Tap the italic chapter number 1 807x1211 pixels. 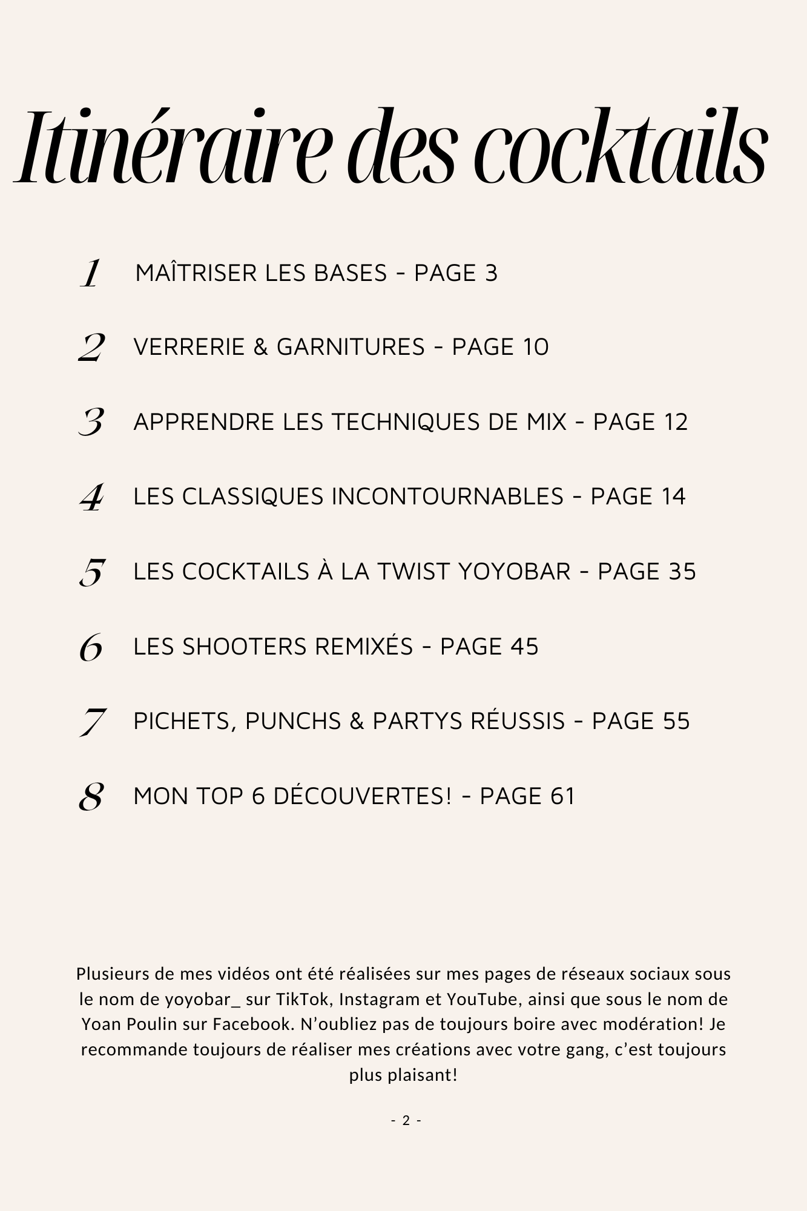(x=91, y=273)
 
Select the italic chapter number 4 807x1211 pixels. (x=91, y=497)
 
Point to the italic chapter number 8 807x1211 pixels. (x=91, y=796)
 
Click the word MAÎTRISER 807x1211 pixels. (x=196, y=273)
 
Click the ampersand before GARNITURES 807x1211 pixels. (x=260, y=348)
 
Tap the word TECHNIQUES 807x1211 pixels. (x=406, y=422)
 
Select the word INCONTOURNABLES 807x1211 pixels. (x=447, y=497)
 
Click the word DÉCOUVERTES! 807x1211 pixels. (x=363, y=796)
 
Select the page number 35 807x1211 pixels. (x=682, y=572)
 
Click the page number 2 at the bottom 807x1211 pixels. (x=406, y=1121)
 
